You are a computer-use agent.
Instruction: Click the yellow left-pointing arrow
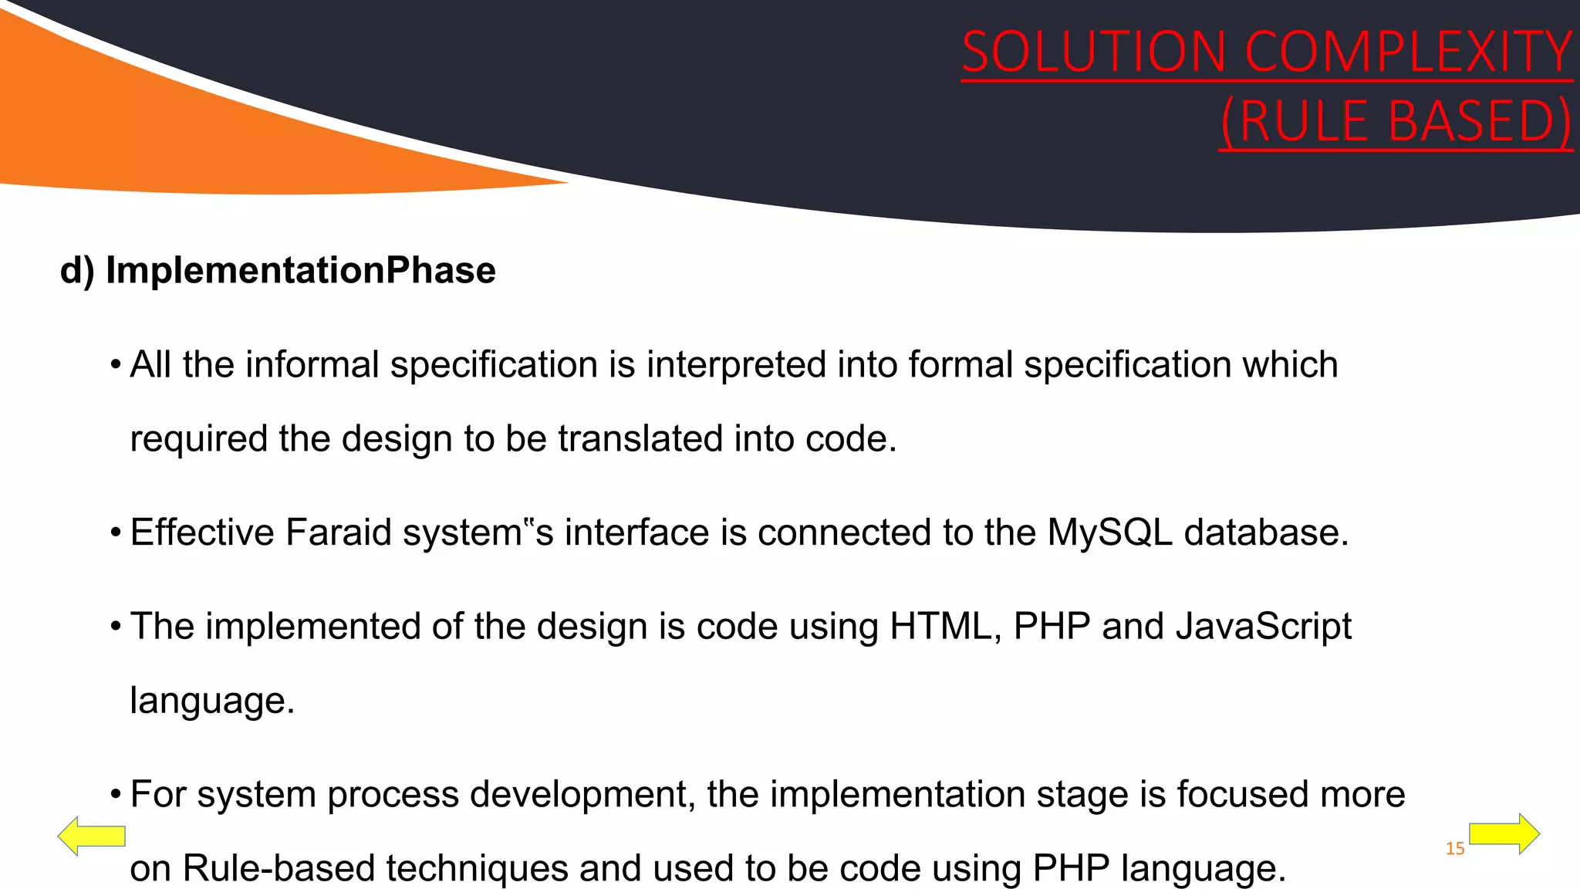pos(91,836)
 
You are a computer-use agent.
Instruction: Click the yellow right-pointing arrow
pos(1505,833)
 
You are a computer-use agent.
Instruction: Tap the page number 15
pos(1455,849)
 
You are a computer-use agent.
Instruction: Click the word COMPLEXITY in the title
pos(1409,52)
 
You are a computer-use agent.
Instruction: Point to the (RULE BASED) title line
pos(1396,122)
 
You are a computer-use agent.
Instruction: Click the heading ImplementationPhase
pos(300,271)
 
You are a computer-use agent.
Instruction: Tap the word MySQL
pos(1109,532)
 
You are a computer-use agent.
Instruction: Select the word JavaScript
pos(1263,626)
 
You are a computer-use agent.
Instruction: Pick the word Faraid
pos(339,532)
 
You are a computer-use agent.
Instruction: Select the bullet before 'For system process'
pos(116,795)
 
